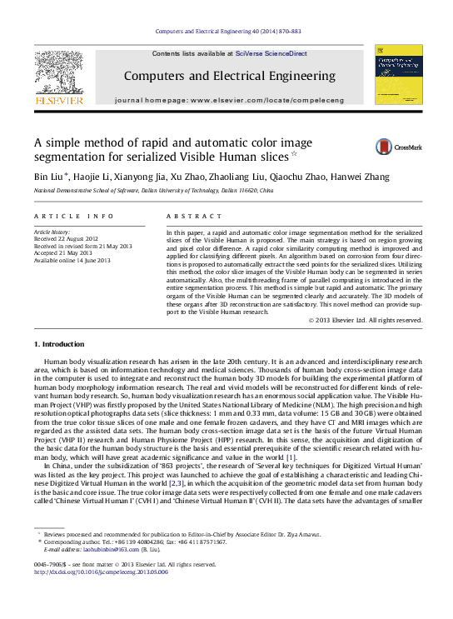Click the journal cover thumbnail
398,74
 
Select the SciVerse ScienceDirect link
271,53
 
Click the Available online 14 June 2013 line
72,261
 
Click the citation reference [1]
291,457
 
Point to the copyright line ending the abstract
365,320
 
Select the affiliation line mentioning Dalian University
152,191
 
